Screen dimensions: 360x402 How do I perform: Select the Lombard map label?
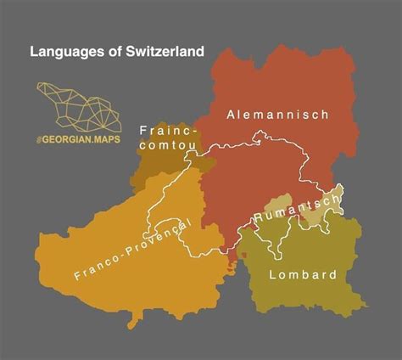tap(303, 274)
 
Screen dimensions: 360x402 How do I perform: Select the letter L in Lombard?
tap(272, 274)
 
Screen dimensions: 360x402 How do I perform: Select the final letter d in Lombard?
tap(333, 274)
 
